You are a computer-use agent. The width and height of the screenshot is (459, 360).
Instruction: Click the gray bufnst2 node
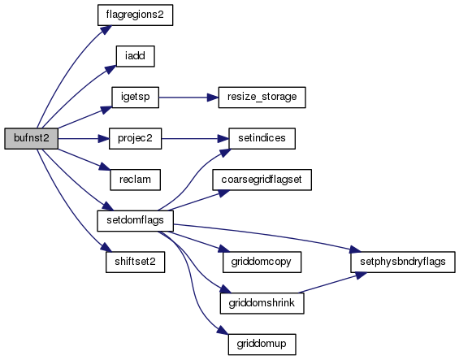(x=32, y=138)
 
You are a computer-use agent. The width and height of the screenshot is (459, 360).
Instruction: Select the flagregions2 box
(x=135, y=15)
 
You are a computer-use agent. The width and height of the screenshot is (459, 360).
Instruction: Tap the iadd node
(x=135, y=56)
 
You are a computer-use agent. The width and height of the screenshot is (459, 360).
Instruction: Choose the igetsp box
(x=135, y=98)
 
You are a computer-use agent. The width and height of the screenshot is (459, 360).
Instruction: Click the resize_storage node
(x=262, y=98)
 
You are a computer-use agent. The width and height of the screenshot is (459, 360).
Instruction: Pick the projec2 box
(x=135, y=138)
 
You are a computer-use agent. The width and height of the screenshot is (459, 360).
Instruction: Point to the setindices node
(x=262, y=138)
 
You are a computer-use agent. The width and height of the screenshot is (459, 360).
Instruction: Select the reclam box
(x=135, y=180)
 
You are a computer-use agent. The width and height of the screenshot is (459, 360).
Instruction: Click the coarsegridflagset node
(x=262, y=180)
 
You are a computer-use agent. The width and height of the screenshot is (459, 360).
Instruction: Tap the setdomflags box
(x=135, y=220)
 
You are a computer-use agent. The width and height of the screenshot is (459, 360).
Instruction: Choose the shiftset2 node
(x=135, y=262)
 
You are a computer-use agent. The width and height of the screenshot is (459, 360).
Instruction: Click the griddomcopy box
(x=262, y=262)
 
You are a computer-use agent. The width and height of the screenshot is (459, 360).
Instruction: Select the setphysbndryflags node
(x=403, y=262)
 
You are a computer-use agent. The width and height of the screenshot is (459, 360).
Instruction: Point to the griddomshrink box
(x=262, y=303)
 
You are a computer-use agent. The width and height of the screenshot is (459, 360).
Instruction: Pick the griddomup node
(x=262, y=345)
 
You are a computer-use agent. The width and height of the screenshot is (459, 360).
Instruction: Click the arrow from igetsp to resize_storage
(x=188, y=98)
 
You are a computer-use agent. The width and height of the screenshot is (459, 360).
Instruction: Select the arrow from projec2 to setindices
(x=195, y=138)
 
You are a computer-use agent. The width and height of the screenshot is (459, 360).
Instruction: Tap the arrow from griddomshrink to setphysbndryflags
(x=332, y=282)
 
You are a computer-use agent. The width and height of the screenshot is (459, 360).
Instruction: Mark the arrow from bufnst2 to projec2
(x=84, y=138)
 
